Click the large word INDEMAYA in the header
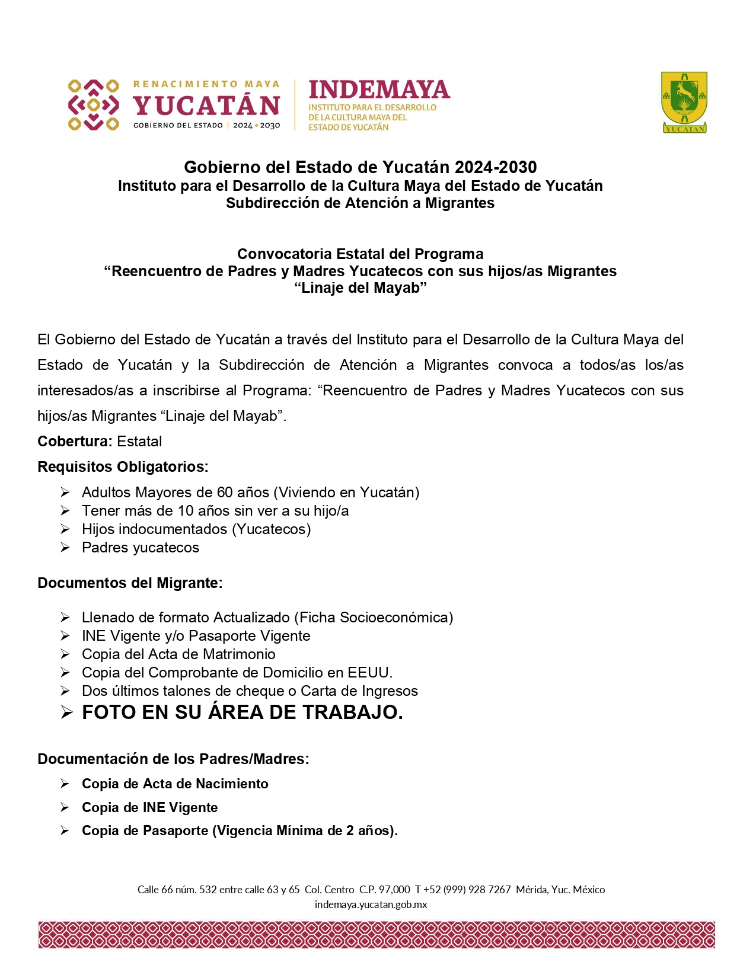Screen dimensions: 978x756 coord(379,90)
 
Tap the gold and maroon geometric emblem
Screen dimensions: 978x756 coord(93,105)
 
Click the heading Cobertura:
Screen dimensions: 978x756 coord(75,442)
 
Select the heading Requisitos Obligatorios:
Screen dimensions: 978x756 coord(123,467)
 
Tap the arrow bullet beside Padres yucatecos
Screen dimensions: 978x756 coord(65,548)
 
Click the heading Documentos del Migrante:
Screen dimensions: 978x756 coord(130,583)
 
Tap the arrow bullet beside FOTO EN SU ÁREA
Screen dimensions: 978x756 coord(66,712)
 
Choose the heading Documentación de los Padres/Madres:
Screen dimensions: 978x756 coord(173,759)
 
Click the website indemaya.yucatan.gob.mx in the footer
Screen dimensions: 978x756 coord(371,905)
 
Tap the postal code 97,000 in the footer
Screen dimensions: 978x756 coord(394,890)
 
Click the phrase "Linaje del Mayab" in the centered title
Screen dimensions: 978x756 coord(361,289)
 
